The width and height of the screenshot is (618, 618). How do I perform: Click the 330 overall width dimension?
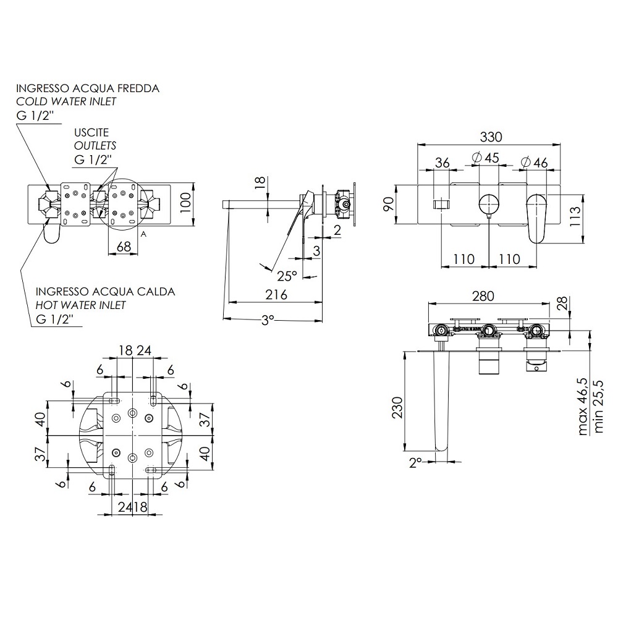pyautogui.click(x=491, y=137)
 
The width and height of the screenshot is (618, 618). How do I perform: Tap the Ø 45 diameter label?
pyautogui.click(x=485, y=158)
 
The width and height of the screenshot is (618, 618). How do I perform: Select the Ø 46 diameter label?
pyautogui.click(x=534, y=161)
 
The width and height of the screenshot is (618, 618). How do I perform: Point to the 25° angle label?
pyautogui.click(x=287, y=276)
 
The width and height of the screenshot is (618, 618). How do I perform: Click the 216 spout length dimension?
pyautogui.click(x=276, y=294)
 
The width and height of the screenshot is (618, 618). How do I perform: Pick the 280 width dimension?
pyautogui.click(x=483, y=296)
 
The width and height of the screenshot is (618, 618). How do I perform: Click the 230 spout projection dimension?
pyautogui.click(x=397, y=407)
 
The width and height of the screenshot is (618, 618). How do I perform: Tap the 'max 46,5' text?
pyautogui.click(x=583, y=407)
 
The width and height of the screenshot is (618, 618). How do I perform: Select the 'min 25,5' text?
pyautogui.click(x=598, y=407)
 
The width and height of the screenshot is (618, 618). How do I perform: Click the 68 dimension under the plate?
pyautogui.click(x=124, y=247)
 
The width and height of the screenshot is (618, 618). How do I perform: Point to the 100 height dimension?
pyautogui.click(x=185, y=202)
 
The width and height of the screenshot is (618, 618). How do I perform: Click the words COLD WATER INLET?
pyautogui.click(x=66, y=101)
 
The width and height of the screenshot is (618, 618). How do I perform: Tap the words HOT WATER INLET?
pyautogui.click(x=80, y=305)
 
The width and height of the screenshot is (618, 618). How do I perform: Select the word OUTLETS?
pyautogui.click(x=95, y=145)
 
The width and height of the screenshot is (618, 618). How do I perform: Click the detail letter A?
pyautogui.click(x=143, y=234)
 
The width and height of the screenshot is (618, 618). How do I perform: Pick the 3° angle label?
pyautogui.click(x=268, y=320)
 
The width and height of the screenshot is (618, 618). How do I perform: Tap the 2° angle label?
pyautogui.click(x=415, y=462)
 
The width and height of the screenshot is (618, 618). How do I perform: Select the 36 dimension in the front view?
pyautogui.click(x=442, y=163)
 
